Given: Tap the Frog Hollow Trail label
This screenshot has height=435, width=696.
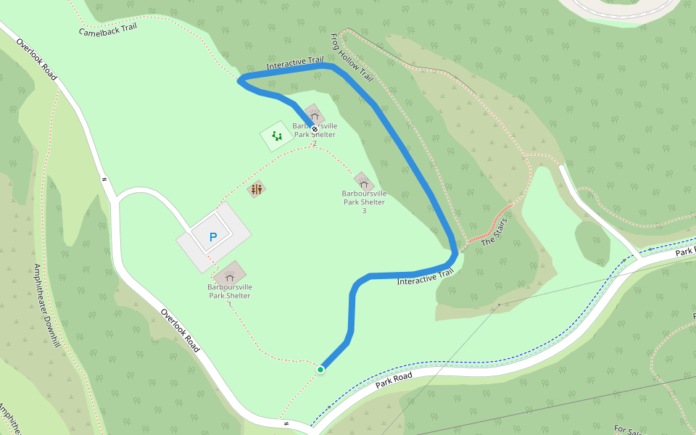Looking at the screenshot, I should click(x=351, y=57).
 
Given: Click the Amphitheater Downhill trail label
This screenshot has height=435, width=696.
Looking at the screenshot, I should click(x=45, y=305).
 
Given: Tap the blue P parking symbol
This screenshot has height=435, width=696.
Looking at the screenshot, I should click(x=212, y=237).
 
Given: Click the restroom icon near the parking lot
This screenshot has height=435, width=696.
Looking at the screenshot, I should click(x=256, y=190).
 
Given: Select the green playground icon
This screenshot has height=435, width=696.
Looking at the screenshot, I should click(x=276, y=136).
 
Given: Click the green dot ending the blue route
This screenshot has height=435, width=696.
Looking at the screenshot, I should click(x=320, y=370).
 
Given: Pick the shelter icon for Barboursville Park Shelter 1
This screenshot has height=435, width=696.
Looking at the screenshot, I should click(x=230, y=275).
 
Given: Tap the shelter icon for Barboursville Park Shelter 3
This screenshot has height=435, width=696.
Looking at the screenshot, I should click(x=363, y=181).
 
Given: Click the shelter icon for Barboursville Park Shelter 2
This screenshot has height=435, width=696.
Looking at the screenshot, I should click(x=314, y=114).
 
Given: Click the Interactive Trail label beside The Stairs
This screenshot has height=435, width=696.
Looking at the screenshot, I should click(x=425, y=276).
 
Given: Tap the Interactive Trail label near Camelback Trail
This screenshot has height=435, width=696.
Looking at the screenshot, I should click(x=294, y=65).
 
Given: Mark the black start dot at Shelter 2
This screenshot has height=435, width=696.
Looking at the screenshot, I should click(x=315, y=129).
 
